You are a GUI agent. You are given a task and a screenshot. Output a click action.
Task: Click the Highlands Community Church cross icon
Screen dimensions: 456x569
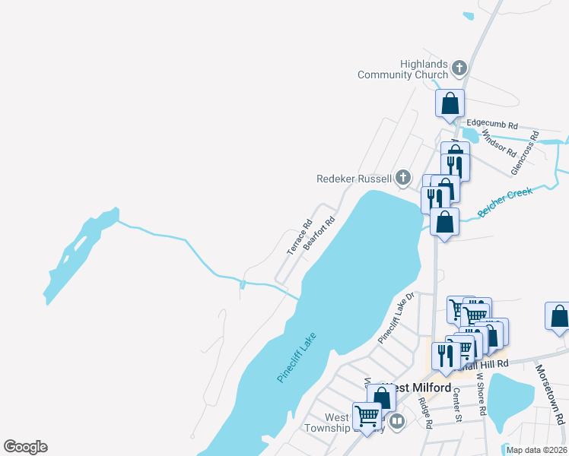(x=459, y=69)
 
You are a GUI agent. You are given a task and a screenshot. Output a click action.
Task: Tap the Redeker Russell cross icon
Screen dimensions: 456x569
(x=403, y=179)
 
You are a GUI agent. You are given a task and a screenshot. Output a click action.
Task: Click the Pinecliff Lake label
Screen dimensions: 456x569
(x=297, y=357)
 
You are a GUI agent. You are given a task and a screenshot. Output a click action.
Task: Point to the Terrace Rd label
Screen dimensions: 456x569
(x=299, y=237)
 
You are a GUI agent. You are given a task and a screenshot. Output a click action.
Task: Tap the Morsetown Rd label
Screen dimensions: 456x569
(x=550, y=394)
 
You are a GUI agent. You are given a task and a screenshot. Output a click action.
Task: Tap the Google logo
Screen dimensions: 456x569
(x=25, y=447)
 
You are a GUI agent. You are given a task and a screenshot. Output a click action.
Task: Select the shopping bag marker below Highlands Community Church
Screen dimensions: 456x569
(x=450, y=103)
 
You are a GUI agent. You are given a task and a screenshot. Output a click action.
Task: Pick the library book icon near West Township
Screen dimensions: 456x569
(x=396, y=421)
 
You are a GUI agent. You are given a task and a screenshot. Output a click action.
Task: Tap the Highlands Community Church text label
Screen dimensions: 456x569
(x=403, y=69)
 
